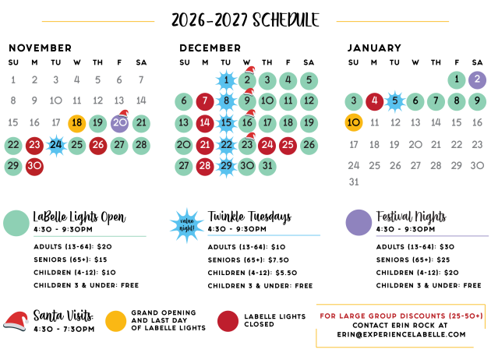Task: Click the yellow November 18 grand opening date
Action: (x=77, y=123)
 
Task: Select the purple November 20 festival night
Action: (x=119, y=123)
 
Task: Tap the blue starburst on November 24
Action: (x=56, y=145)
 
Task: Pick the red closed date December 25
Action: (x=288, y=145)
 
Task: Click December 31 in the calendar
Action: (x=267, y=166)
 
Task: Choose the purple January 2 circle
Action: (x=477, y=79)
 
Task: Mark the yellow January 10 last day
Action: (x=354, y=122)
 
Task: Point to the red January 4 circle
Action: (x=375, y=101)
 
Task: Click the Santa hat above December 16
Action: (x=250, y=113)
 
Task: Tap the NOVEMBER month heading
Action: (x=40, y=48)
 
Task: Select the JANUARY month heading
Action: (x=374, y=48)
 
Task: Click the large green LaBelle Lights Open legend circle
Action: (x=16, y=223)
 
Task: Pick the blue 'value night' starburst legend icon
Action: (x=187, y=225)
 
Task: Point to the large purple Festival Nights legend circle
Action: (x=359, y=223)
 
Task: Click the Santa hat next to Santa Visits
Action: (x=16, y=321)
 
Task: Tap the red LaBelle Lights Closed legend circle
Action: (x=228, y=321)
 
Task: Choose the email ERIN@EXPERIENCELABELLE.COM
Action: (x=401, y=334)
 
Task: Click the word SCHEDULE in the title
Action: (x=286, y=20)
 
